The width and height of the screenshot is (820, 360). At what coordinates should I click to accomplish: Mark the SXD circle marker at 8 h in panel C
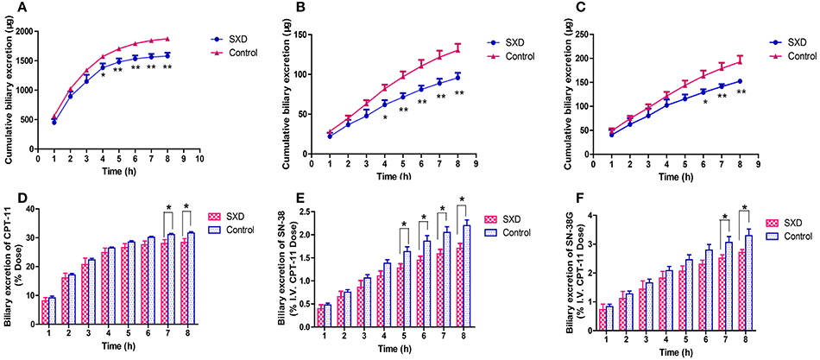740,81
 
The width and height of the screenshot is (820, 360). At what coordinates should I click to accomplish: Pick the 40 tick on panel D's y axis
29,208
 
